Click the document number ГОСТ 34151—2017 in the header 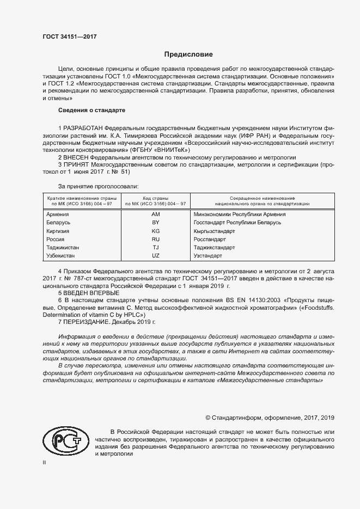[x=70, y=37]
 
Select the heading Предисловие [x=189, y=55]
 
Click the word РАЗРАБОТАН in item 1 [x=84, y=128]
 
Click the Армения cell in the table [x=58, y=214]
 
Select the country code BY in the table [x=155, y=223]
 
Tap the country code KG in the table [x=155, y=231]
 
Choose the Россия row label [x=56, y=239]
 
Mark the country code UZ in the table [x=155, y=255]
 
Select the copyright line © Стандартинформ [x=269, y=417]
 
